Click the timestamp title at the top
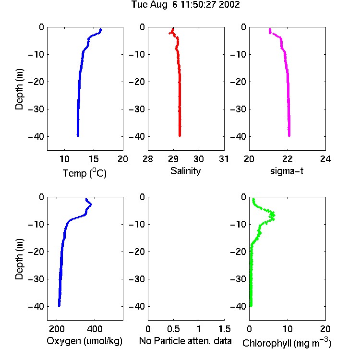(x=185, y=4)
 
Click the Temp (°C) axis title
(x=84, y=173)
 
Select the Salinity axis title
(x=185, y=171)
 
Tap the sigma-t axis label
(x=287, y=171)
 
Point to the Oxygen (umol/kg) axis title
(x=84, y=341)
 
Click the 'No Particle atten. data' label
(x=185, y=341)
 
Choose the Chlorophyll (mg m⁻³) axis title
(x=287, y=343)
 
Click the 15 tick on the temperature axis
(x=94, y=159)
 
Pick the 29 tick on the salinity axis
(x=173, y=159)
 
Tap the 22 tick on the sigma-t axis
(x=287, y=159)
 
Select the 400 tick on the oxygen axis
(x=95, y=329)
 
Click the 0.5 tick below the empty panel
(x=173, y=329)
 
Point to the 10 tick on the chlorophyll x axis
(x=288, y=329)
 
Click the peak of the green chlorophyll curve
(x=274, y=216)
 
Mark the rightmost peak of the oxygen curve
(x=91, y=204)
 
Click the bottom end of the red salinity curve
(x=180, y=136)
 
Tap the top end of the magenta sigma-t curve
(x=270, y=29)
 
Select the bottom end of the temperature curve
(x=78, y=136)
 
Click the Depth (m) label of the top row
(x=19, y=89)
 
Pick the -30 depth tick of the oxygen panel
(x=36, y=279)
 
